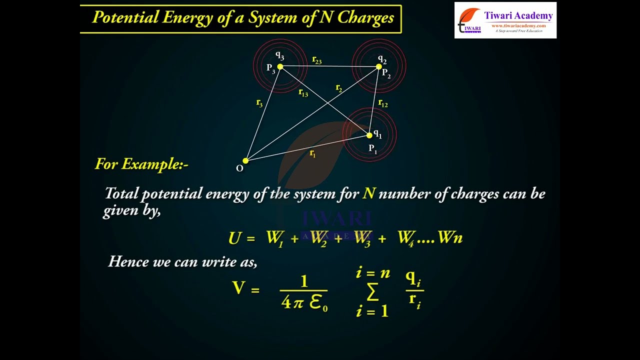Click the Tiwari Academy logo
click(505, 20)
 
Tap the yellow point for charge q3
click(280, 66)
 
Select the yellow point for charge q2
click(378, 66)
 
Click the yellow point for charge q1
click(369, 135)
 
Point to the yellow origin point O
click(245, 160)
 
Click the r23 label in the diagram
click(317, 60)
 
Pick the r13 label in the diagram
click(303, 92)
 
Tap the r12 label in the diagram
click(383, 103)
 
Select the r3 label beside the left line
click(259, 103)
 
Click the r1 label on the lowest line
click(313, 153)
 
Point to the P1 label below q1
click(373, 148)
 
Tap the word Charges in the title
click(365, 18)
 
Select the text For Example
click(141, 164)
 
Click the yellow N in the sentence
click(369, 193)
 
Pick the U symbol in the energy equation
click(235, 238)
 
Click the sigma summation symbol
click(372, 293)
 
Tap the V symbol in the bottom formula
click(239, 288)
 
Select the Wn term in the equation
click(450, 238)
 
